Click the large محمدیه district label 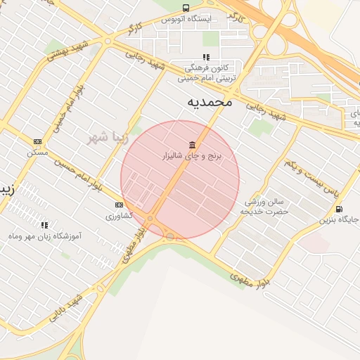coord(209,103)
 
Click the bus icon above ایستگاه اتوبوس coord(186,8)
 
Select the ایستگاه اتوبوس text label coord(186,19)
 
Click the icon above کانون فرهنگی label coord(205,57)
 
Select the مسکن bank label coord(37,152)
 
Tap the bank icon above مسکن coord(37,141)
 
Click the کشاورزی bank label coord(119,216)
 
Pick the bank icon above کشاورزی coord(119,205)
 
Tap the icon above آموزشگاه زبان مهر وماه coord(44,225)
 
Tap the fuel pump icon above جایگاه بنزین coord(340,208)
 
